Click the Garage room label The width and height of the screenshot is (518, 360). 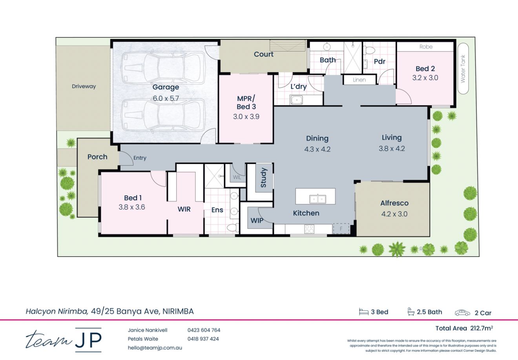point(166,87)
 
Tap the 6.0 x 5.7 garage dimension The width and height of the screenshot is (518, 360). point(166,98)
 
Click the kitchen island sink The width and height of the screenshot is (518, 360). point(317,199)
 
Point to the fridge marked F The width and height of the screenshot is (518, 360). point(341,229)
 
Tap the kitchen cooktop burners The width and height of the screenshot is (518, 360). point(309,229)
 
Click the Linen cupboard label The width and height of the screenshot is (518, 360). point(359,80)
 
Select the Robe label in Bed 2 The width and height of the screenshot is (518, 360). point(426,47)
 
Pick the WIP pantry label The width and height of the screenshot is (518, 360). point(257,221)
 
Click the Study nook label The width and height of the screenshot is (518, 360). point(263,178)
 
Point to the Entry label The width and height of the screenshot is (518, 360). point(140,158)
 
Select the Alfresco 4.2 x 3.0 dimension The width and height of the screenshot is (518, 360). point(394,214)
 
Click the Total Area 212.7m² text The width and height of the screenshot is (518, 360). point(464,328)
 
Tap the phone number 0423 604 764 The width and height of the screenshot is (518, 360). point(204,330)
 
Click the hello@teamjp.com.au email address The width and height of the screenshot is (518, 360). point(155,347)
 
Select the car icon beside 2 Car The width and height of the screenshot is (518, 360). point(462,313)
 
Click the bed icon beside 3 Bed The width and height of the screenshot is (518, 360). point(363,312)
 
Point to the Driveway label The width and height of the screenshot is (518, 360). point(84,86)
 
